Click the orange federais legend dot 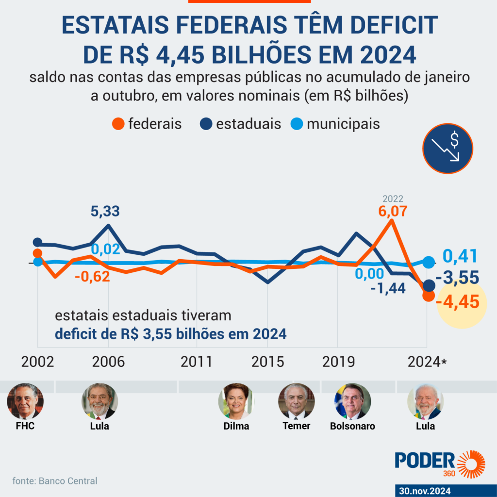pos(118,124)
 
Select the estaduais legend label pos(248,124)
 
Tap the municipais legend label pos(343,124)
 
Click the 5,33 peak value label pos(105,212)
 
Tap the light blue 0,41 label pos(460,256)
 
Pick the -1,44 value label pos(388,289)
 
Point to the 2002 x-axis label pos(37,362)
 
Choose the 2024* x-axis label pos(427,362)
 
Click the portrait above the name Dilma pos(236,401)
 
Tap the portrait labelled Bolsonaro pos(352,401)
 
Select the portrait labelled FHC pos(25,401)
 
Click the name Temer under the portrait pos(296,426)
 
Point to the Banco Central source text pos(55,481)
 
